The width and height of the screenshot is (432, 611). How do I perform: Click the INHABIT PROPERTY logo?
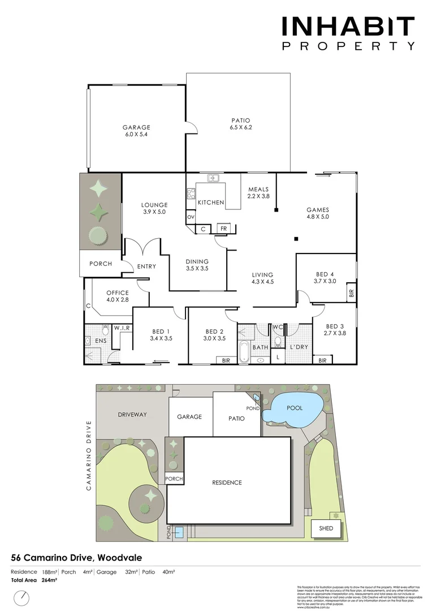pyautogui.click(x=348, y=33)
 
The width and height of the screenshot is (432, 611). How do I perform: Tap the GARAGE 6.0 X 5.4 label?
pyautogui.click(x=136, y=131)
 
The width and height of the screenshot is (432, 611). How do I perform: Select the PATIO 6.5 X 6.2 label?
pyautogui.click(x=240, y=123)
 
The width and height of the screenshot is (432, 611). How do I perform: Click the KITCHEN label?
pyautogui.click(x=211, y=202)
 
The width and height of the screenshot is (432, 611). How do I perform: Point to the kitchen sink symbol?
pyautogui.click(x=214, y=178)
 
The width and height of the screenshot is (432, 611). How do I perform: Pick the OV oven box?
pyautogui.click(x=191, y=217)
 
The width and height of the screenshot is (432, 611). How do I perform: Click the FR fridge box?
pyautogui.click(x=223, y=229)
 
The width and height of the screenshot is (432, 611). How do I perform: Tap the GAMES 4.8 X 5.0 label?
pyautogui.click(x=318, y=213)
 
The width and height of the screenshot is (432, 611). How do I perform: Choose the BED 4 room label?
pyautogui.click(x=325, y=277)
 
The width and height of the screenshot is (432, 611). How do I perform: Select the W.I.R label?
pyautogui.click(x=123, y=328)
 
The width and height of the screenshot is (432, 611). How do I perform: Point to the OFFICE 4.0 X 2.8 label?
pyautogui.click(x=118, y=296)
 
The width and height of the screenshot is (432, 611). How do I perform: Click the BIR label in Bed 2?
pyautogui.click(x=226, y=360)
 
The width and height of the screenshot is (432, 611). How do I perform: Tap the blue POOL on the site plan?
pyautogui.click(x=294, y=408)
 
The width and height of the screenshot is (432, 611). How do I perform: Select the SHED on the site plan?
pyautogui.click(x=326, y=528)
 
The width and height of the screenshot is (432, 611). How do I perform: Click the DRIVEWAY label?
pyautogui.click(x=132, y=415)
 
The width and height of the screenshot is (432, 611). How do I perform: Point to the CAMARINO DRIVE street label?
pyautogui.click(x=89, y=456)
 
